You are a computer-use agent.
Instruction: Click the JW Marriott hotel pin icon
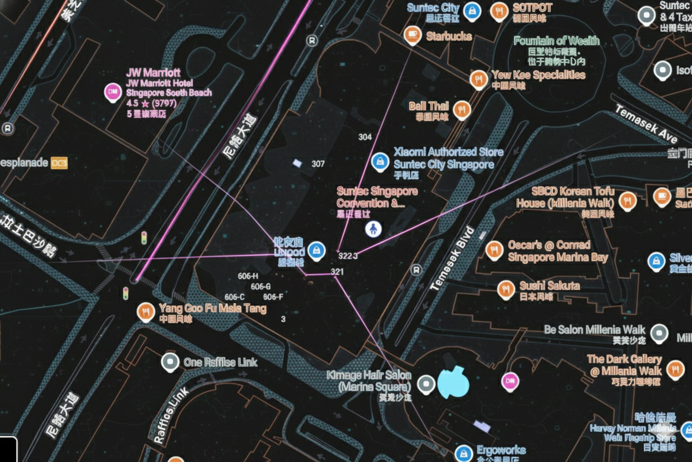pos(113,92)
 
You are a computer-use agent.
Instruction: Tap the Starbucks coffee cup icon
pos(412,36)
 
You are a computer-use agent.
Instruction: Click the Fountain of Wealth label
pos(556,41)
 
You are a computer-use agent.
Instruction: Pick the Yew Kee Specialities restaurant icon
pos(479,79)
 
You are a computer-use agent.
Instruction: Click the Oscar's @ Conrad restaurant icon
pos(494,250)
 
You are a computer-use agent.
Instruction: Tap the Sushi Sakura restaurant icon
pos(506,289)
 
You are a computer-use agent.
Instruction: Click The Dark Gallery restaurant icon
pos(675,368)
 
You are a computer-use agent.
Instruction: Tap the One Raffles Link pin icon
pos(170,362)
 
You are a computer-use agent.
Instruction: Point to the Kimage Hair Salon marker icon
pos(426,383)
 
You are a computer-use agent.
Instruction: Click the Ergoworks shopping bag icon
pos(464,453)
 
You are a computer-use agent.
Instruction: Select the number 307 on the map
pos(318,164)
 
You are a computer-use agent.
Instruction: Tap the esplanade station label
pos(24,163)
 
